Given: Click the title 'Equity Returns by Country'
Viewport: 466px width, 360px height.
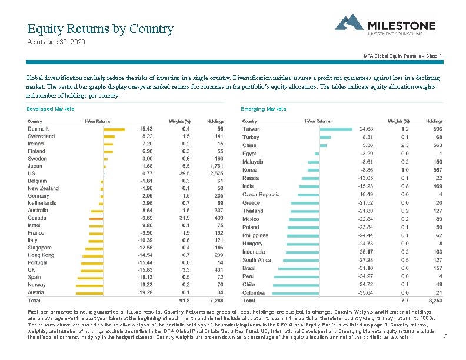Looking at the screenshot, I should tap(100, 29).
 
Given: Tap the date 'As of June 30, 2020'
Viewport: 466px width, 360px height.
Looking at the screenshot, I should tap(56, 42).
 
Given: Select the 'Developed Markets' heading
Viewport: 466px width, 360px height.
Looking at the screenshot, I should tap(51, 109).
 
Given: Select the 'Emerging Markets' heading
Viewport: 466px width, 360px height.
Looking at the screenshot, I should tap(264, 109).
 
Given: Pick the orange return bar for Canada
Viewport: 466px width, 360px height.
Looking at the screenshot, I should tap(96, 218).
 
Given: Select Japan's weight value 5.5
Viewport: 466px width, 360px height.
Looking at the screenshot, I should tap(185, 166).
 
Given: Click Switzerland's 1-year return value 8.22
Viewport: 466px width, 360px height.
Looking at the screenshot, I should tap(146, 136).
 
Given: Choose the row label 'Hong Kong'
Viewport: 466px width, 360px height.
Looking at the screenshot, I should tap(41, 255).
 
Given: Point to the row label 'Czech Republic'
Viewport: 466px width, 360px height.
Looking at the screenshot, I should tap(261, 195).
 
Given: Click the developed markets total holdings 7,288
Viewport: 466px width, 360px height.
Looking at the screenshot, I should tap(216, 300).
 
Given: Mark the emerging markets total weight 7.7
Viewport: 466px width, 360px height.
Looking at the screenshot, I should tap(405, 300).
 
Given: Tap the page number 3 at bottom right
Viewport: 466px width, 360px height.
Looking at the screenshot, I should tap(445, 336).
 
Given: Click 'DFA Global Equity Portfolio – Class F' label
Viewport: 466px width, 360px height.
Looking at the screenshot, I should tap(402, 55).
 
